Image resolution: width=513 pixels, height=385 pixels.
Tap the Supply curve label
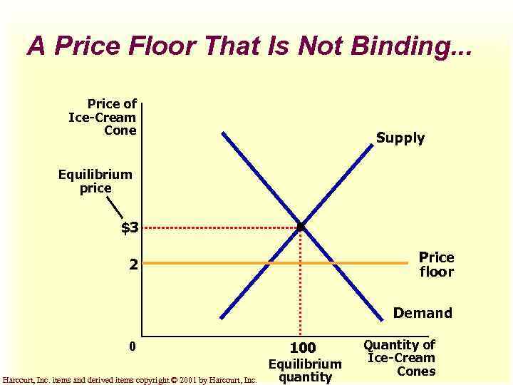(400, 138)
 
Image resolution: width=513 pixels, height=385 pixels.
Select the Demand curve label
(423, 313)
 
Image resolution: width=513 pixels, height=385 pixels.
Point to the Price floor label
(435, 264)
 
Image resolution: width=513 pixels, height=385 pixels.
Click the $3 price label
(130, 228)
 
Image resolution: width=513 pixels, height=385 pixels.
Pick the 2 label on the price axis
(133, 264)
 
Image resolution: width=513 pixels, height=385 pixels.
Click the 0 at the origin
(132, 347)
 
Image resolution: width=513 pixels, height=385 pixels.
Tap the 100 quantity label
(302, 348)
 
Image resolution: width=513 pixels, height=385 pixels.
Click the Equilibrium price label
(95, 181)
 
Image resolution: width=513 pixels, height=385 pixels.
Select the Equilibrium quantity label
(304, 371)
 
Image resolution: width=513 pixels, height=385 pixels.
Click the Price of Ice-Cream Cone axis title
(103, 117)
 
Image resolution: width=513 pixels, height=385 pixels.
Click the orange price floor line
(214, 263)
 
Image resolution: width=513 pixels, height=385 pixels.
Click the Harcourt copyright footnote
(130, 380)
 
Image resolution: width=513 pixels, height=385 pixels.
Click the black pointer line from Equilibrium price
(115, 209)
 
